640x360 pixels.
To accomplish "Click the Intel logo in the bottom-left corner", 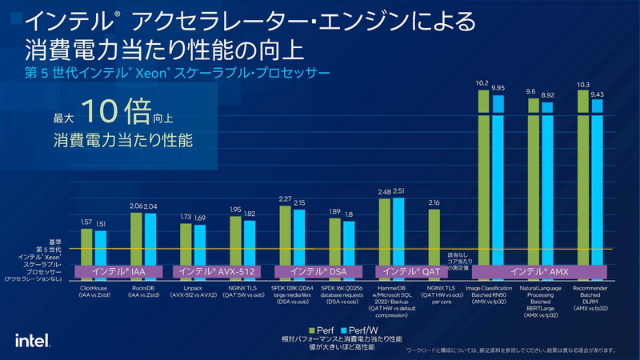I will tap(34, 338).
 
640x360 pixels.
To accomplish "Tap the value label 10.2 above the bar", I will tap(482, 82).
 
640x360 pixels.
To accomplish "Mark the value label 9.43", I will tap(596, 94).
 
